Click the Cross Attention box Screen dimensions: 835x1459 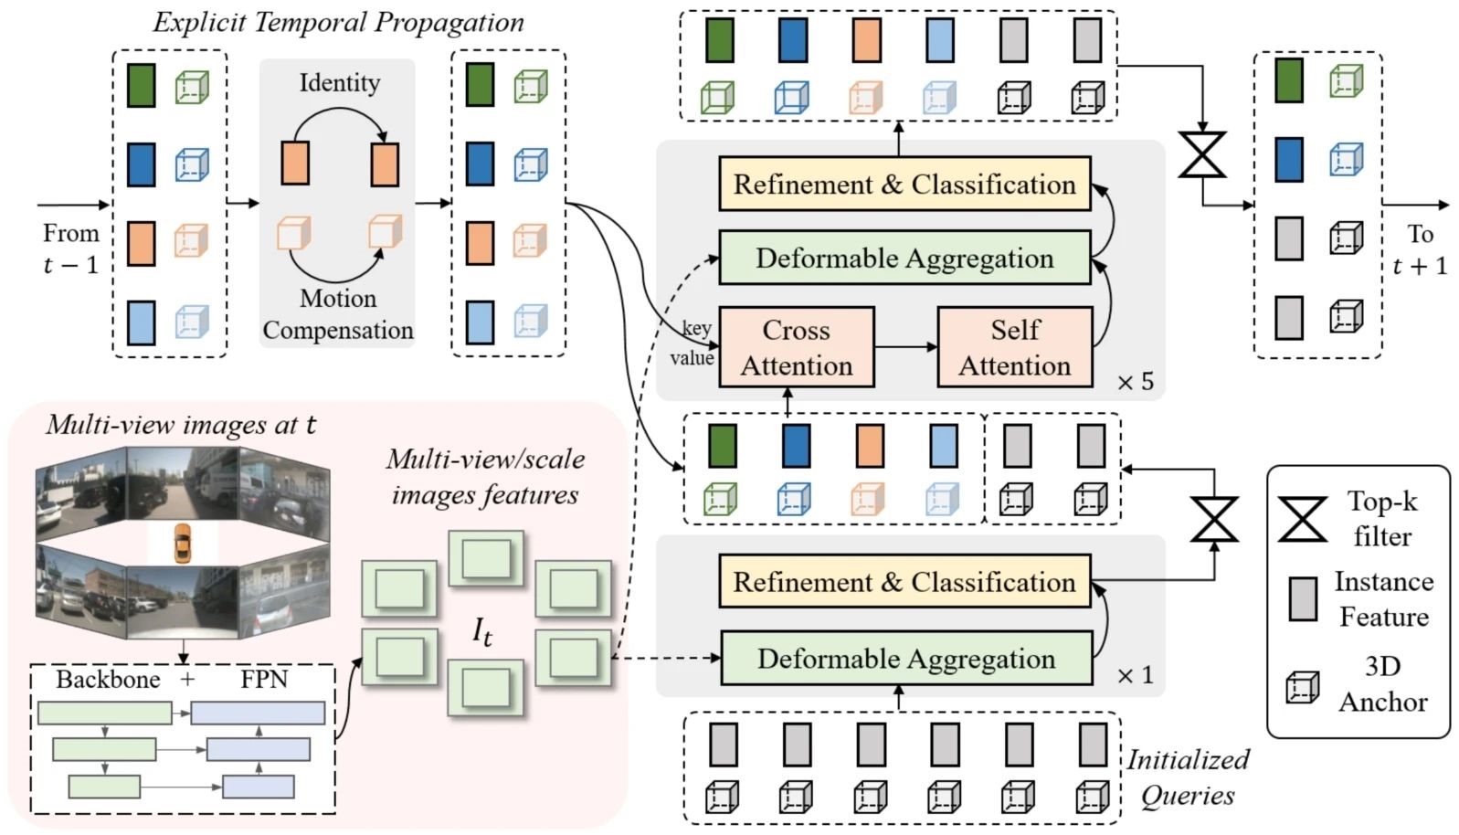pos(796,347)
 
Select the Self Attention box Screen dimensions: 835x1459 pos(1014,347)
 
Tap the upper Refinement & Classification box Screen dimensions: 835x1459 pos(904,185)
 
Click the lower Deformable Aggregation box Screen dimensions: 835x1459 pos(905,659)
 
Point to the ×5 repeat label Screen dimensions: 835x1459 pos(1135,382)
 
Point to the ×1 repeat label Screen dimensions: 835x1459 pos(1135,675)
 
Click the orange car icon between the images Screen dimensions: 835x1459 pos(183,543)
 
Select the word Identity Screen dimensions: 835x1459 pos(339,83)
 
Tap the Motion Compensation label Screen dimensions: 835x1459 pos(338,314)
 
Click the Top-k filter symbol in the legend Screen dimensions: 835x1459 pos(1302,519)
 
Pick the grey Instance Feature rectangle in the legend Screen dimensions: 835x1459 pos(1302,598)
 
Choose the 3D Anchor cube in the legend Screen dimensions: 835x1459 pos(1302,687)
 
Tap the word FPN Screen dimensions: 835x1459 pos(264,680)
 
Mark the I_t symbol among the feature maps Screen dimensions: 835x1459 pos(482,631)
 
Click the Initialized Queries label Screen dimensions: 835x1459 pos(1187,777)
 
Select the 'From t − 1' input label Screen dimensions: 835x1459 pos(70,248)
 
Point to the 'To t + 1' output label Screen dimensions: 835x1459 pos(1420,249)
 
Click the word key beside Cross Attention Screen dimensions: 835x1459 pos(697,328)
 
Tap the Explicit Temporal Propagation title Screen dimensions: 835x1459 pos(338,23)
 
